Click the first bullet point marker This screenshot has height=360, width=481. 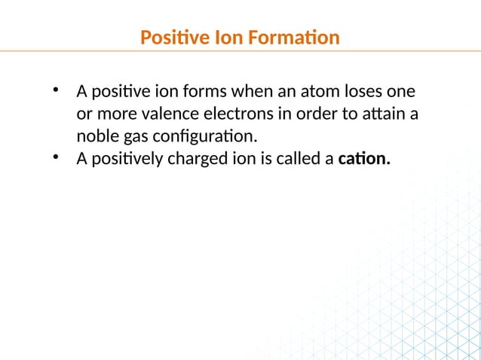[x=55, y=91]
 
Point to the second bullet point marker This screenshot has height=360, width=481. [x=55, y=157]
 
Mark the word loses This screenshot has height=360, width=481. [x=342, y=93]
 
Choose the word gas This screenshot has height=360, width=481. [x=131, y=137]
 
